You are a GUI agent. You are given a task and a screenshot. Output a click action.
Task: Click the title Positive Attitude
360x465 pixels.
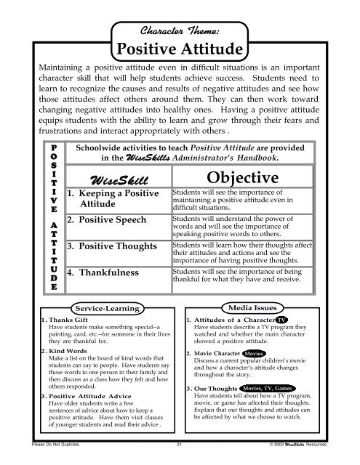[179, 50]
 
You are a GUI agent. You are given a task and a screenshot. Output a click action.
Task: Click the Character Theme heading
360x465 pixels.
[179, 29]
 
